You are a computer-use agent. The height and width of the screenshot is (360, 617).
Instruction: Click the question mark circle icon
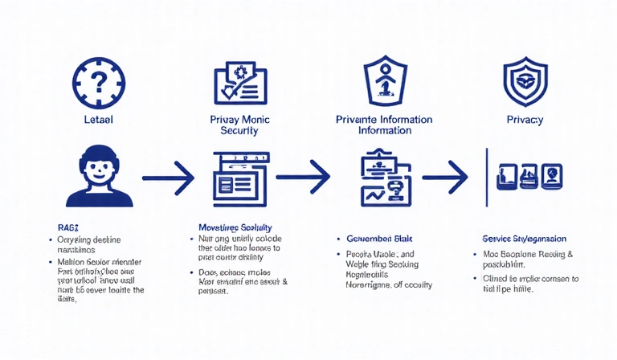pos(99,80)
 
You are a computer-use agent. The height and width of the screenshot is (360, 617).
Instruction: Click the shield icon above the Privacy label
pos(524,80)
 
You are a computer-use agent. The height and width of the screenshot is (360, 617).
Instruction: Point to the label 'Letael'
pos(99,120)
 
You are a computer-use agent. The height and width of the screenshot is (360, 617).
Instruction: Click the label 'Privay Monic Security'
pos(239,125)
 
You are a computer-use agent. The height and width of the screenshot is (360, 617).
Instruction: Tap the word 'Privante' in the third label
pos(358,120)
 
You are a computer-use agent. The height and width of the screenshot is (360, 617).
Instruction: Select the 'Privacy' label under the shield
pos(525,120)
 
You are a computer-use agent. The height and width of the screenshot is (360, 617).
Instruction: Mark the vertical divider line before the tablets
pos(486,175)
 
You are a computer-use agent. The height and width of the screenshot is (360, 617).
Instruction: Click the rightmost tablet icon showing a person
pos(552,175)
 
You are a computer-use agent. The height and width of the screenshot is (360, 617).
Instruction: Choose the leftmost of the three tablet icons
pos(506,175)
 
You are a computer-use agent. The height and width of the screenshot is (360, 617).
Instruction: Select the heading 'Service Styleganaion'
pos(525,239)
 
